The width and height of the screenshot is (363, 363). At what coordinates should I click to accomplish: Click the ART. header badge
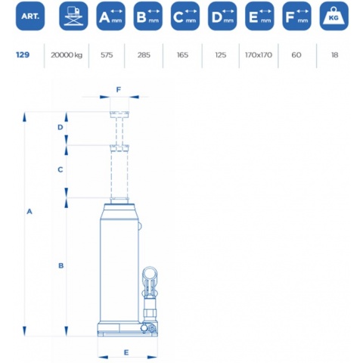pos(30,16)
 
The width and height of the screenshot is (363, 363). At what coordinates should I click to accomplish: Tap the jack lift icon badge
pos(73,16)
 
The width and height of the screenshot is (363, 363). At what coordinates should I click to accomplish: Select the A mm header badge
pos(110,16)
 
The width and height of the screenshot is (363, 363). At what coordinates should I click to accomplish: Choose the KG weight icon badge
pos(334,16)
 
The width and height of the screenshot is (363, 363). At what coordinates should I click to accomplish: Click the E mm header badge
pos(259,16)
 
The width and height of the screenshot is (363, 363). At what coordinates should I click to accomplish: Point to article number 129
pos(23,54)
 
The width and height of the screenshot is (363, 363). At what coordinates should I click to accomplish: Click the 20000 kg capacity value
pos(67,55)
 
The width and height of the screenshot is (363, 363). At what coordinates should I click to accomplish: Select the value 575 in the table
pos(107,54)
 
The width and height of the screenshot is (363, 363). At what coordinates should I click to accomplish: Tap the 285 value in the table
pos(144,54)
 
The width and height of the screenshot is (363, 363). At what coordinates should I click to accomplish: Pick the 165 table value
pos(182,54)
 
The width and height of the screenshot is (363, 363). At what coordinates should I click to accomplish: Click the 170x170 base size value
pos(259,54)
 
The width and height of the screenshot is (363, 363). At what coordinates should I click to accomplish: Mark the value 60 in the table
pos(296,54)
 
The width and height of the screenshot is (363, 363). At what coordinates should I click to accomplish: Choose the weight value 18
pos(334,54)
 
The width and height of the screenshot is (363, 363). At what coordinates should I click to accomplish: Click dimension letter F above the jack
pos(119,89)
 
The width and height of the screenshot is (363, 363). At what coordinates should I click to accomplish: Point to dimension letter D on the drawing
pos(60,127)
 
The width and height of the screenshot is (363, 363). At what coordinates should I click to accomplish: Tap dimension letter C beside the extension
pos(60,169)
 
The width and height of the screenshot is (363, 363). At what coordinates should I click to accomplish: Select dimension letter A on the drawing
pos(29,212)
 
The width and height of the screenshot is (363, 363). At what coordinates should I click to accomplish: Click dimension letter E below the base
pos(126,352)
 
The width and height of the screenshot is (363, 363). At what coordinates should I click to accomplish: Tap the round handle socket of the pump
pos(150,273)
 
